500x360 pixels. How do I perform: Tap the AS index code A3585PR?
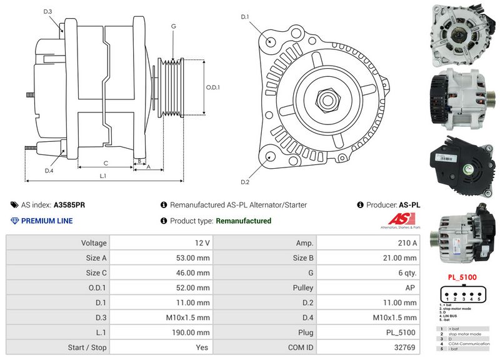click(71, 204)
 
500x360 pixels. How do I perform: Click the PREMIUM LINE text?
click(47, 221)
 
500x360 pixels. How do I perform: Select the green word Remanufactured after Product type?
click(243, 221)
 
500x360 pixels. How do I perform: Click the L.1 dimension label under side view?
click(103, 176)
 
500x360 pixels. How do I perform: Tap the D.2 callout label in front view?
click(245, 182)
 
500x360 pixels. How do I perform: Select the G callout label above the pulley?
click(173, 26)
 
